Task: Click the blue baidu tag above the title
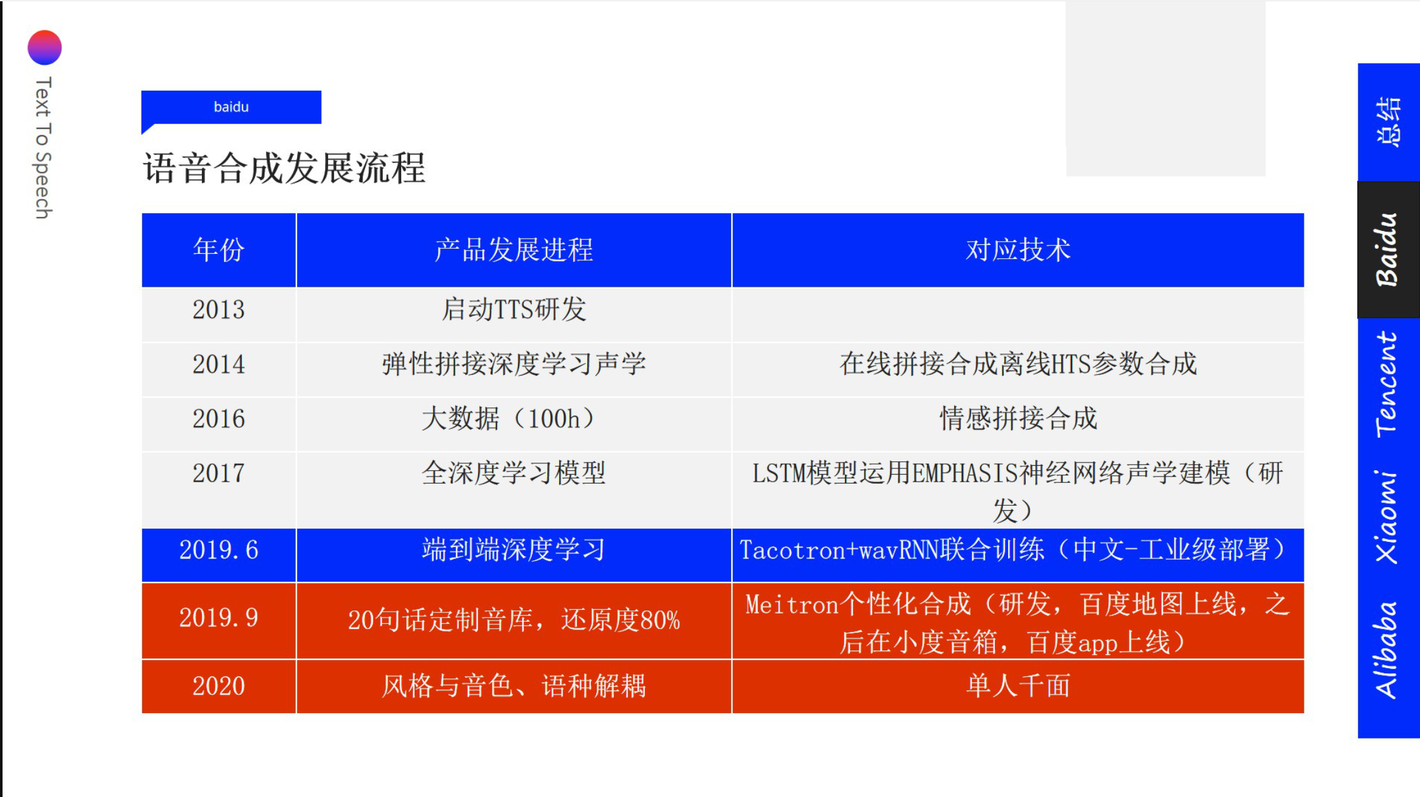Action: (x=231, y=107)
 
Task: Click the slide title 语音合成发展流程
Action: (x=284, y=168)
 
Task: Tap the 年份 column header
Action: (x=218, y=250)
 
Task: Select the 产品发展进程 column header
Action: (x=514, y=250)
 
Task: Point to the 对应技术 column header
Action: (x=1018, y=250)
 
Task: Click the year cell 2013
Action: (x=218, y=310)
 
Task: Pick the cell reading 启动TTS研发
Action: (x=514, y=310)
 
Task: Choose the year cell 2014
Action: (x=218, y=364)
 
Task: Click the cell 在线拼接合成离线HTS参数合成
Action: (x=1018, y=364)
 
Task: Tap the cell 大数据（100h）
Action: (x=514, y=419)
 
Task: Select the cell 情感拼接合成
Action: (x=1018, y=419)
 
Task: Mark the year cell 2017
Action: (x=218, y=473)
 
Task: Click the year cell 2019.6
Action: (x=218, y=550)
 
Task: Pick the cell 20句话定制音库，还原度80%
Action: (x=514, y=620)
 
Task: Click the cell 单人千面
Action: (x=1018, y=686)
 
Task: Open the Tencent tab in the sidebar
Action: (x=1388, y=385)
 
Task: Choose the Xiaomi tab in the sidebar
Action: (x=1388, y=517)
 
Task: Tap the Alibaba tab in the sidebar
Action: (x=1388, y=650)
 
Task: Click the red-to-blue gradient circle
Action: (x=44, y=48)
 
